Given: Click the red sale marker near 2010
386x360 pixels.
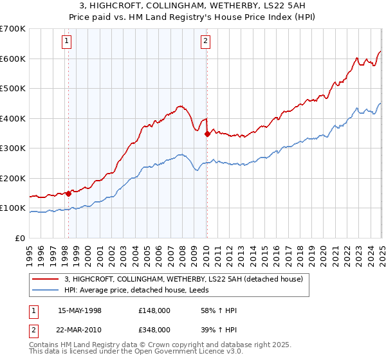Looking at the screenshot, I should [207, 134].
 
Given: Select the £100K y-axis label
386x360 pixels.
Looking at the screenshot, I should [13, 208].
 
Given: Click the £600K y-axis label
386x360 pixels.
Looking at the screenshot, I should [13, 59].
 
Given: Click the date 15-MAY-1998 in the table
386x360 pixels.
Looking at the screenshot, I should [79, 310].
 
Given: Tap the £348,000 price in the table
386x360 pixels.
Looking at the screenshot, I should [154, 329].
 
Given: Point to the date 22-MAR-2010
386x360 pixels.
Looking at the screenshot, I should [79, 329].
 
